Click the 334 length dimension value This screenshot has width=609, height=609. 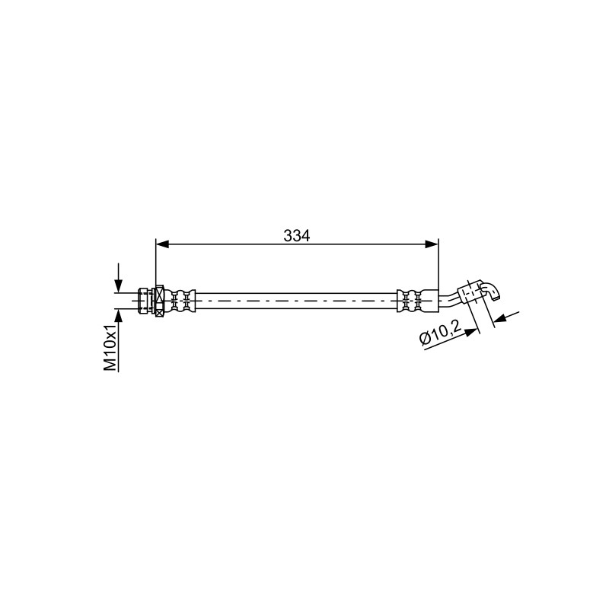297,235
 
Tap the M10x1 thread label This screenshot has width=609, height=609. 110,349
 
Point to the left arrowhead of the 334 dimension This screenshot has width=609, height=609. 162,244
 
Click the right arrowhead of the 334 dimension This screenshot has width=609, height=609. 432,244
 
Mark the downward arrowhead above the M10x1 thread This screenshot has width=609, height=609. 119,286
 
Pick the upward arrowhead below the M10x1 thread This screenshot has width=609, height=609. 119,315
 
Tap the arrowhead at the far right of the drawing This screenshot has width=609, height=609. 501,317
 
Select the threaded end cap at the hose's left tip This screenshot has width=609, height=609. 143,301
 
